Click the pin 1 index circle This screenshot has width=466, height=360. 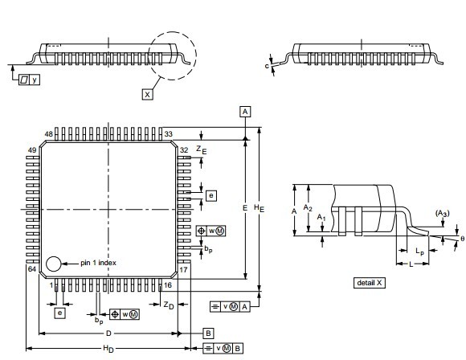(x=54, y=264)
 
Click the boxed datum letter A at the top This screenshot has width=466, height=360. (x=245, y=112)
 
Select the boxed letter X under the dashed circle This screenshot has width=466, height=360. (x=147, y=95)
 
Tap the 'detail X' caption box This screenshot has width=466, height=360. (x=370, y=282)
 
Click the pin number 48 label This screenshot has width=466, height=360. (x=49, y=134)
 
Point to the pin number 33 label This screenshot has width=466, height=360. (x=168, y=134)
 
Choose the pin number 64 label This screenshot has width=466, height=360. (x=32, y=269)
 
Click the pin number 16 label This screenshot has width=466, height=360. (x=168, y=285)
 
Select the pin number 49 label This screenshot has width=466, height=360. (x=32, y=150)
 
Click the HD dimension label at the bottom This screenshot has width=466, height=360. (x=108, y=349)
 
